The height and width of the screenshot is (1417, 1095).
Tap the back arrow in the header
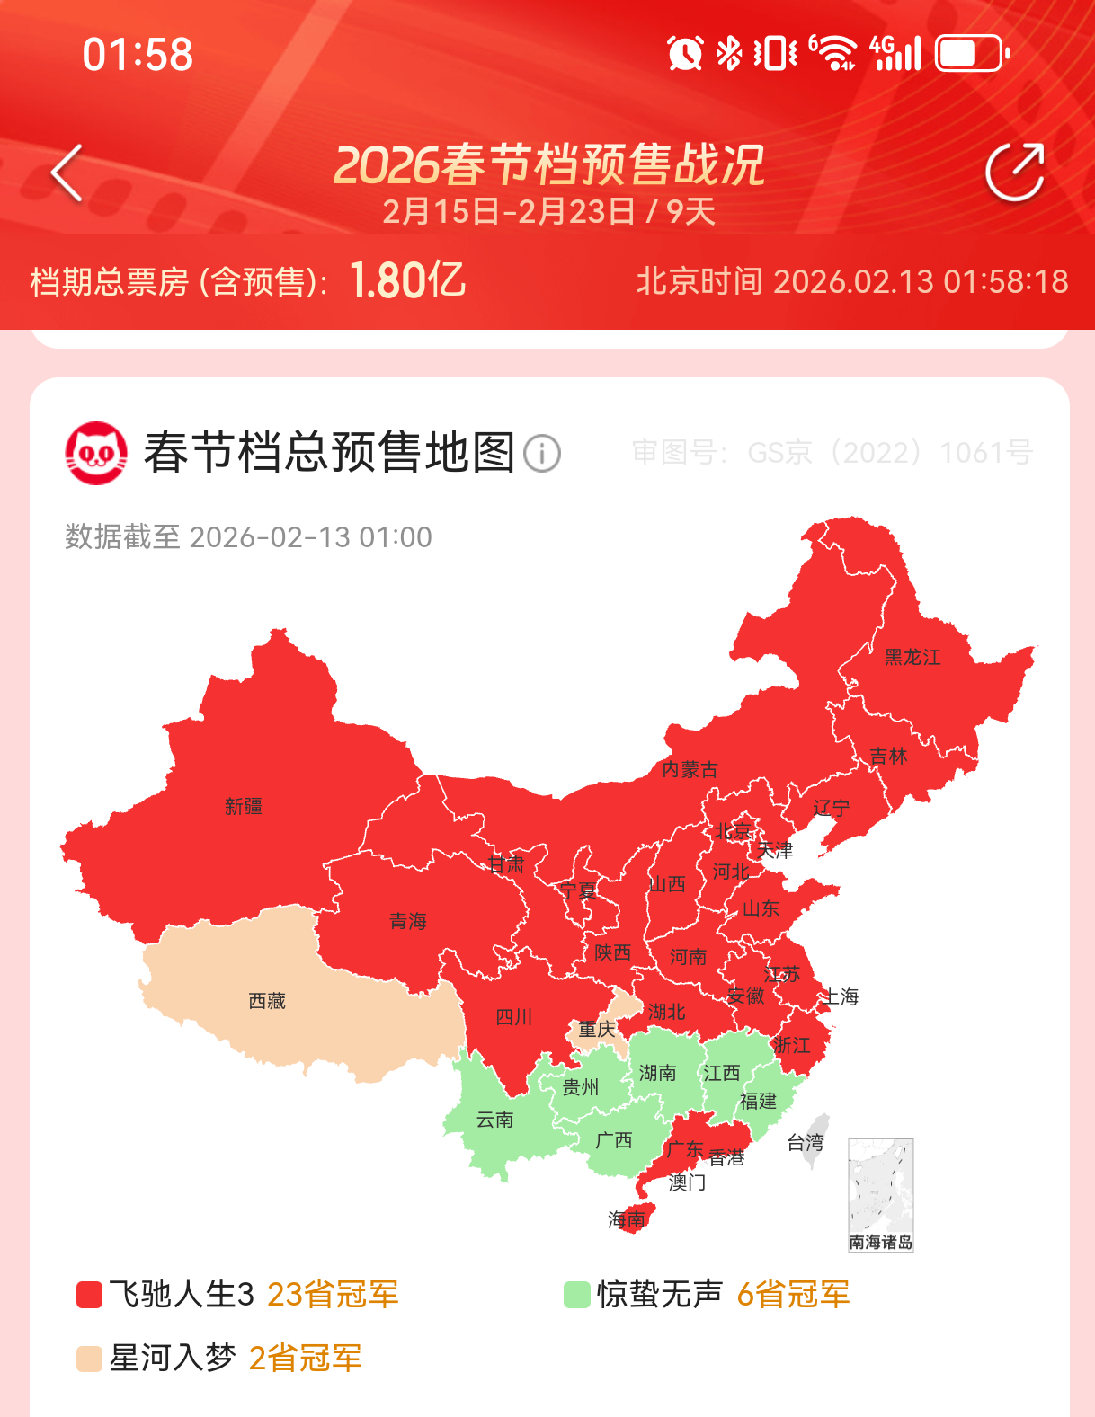coord(67,172)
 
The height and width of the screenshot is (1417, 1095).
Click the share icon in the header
coord(1015,172)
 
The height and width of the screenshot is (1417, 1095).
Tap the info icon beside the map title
coord(541,453)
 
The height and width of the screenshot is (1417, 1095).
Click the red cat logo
coord(96,453)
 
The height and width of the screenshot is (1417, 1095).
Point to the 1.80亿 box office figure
coord(407,280)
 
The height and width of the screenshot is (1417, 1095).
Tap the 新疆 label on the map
coord(244,806)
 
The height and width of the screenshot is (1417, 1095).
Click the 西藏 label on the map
coord(267,1001)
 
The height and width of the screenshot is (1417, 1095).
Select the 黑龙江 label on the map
coord(912,657)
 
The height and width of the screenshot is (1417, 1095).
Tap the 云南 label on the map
coord(494,1120)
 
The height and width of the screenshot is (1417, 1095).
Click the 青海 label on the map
coord(408,921)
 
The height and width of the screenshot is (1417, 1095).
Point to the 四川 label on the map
coord(514,1017)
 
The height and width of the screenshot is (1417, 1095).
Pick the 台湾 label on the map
coord(806,1142)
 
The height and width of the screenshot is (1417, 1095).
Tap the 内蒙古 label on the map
coord(690,769)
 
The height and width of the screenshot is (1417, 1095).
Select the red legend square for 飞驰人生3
coord(89,1295)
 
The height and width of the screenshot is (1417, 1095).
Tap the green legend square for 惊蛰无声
coord(576,1295)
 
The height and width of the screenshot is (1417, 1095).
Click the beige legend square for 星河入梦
coord(89,1359)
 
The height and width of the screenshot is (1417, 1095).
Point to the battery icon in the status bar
coord(971,54)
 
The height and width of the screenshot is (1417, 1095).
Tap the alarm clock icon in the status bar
coord(685,54)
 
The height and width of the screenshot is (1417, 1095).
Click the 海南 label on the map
coord(627,1219)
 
